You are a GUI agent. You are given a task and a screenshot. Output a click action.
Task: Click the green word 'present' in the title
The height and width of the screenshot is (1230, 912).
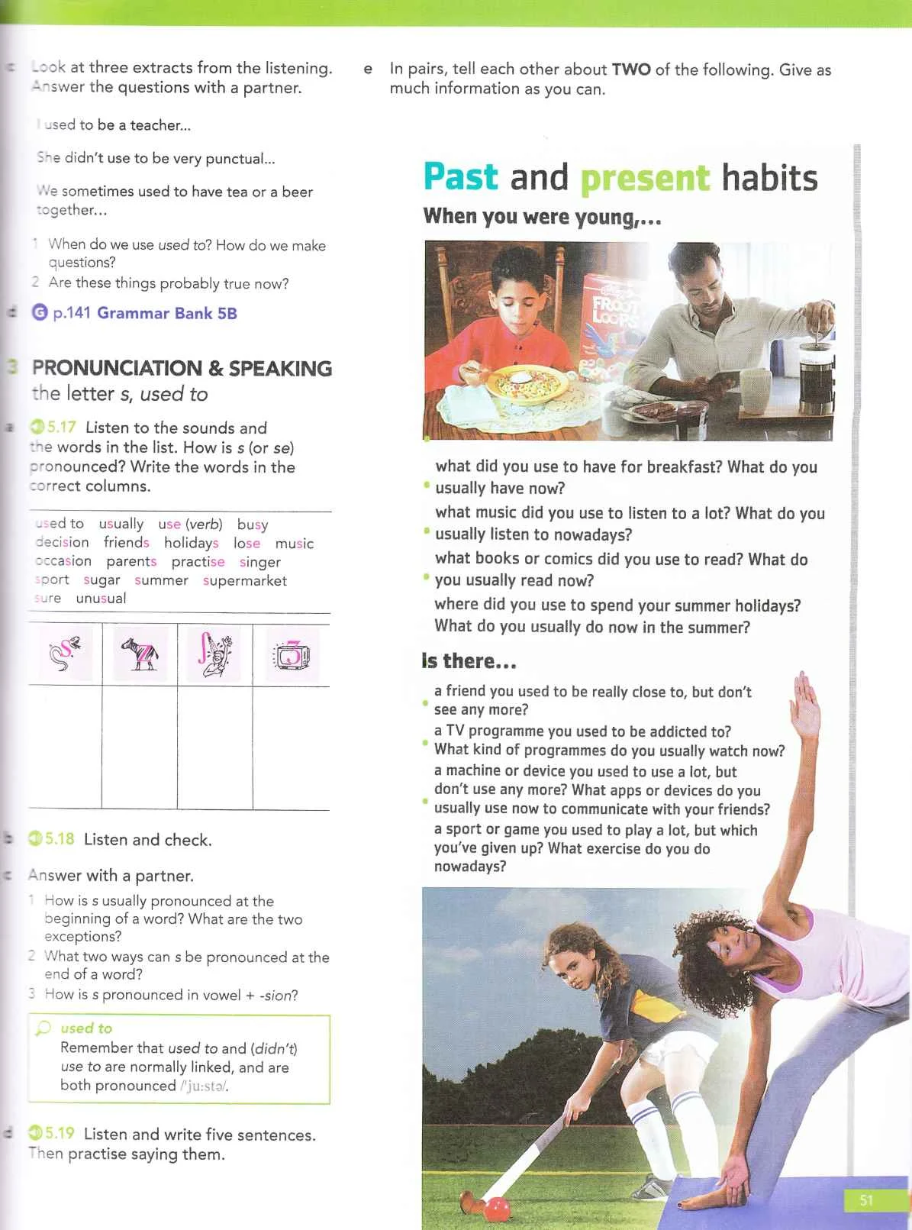645,178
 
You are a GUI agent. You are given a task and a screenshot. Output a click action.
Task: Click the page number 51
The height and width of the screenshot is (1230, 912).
866,1200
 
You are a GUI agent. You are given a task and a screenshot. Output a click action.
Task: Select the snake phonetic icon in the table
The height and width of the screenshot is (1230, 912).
65,654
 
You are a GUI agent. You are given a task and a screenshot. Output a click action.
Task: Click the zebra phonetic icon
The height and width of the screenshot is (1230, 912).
140,654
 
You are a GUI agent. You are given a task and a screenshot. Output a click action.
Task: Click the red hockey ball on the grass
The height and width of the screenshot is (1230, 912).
498,1208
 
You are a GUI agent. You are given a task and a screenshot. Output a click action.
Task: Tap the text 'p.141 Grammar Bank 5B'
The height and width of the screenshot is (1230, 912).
144,313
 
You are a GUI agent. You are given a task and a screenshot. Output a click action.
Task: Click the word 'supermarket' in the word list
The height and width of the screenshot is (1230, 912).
244,580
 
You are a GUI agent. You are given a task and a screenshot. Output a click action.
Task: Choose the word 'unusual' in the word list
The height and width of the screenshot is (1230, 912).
101,599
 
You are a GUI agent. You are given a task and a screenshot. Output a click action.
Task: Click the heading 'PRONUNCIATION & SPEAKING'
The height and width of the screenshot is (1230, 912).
182,368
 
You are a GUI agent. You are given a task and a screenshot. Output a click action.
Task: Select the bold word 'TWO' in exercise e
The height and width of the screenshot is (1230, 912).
630,69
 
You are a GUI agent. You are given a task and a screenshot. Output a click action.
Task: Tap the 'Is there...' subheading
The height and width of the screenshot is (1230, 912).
469,661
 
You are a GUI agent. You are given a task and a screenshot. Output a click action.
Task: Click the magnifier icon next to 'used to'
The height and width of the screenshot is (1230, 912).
44,1028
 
